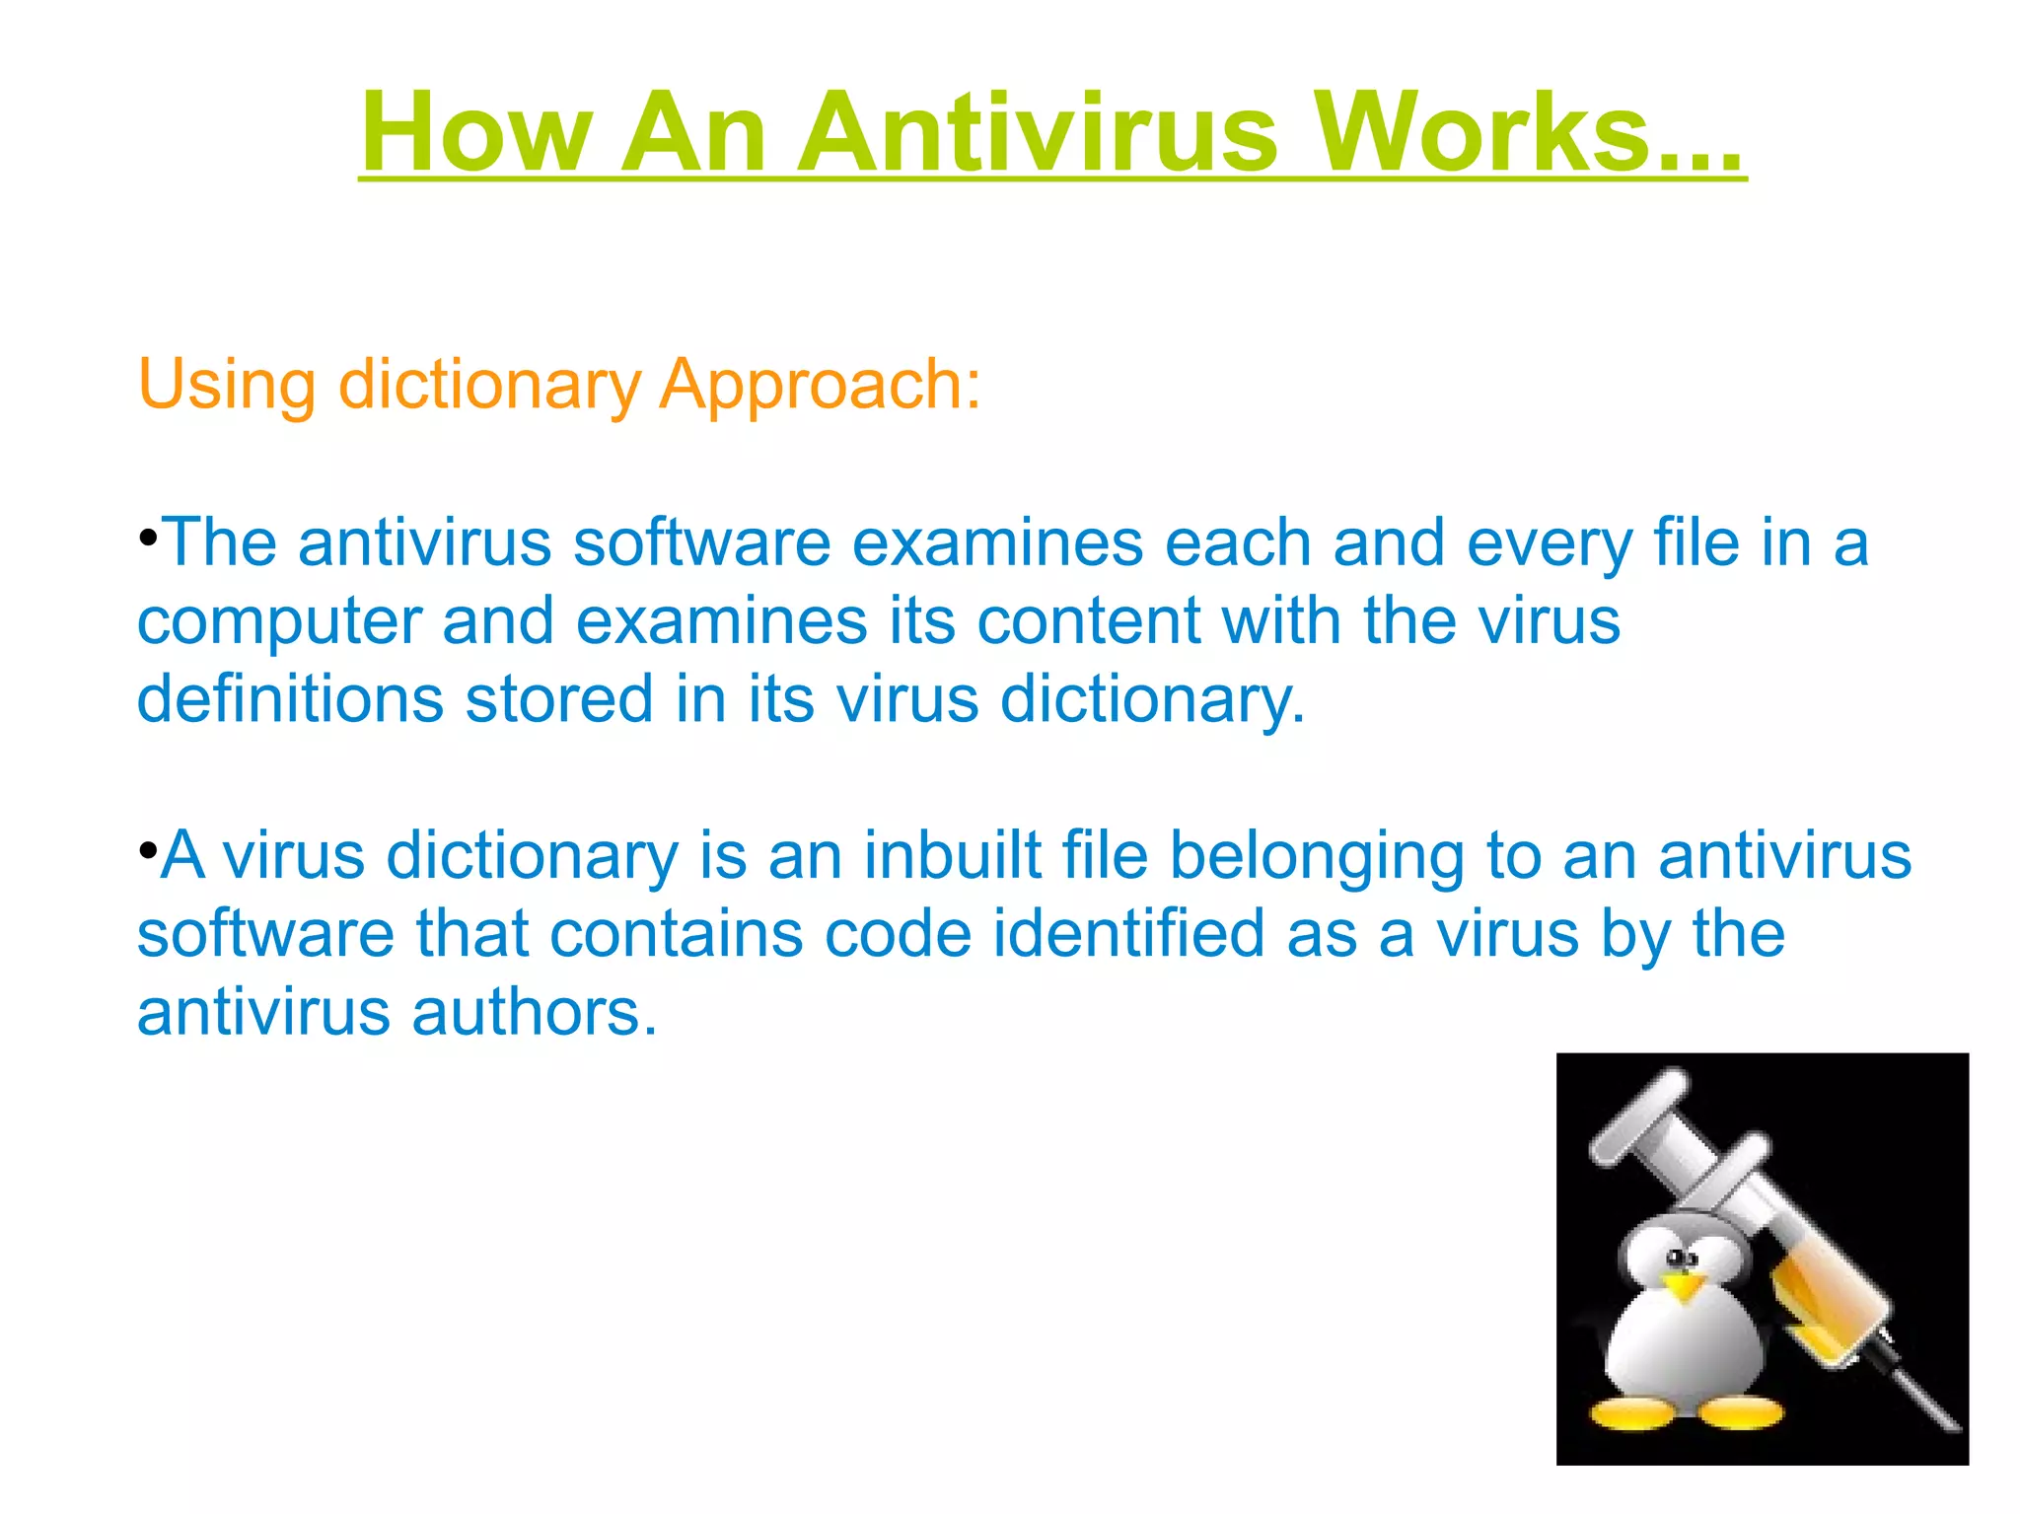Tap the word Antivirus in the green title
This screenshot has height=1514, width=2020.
point(1038,132)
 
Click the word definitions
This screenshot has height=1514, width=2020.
point(290,699)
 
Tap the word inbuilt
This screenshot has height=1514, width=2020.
point(952,855)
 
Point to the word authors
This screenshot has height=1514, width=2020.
point(534,1013)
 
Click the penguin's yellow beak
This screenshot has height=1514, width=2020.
point(1685,1287)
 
